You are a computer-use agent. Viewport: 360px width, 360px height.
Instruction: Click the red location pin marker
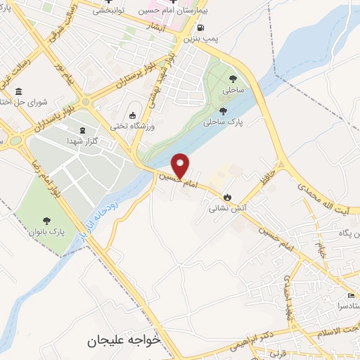coord(181,165)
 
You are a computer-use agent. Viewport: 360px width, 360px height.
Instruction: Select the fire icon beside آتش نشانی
coord(227,198)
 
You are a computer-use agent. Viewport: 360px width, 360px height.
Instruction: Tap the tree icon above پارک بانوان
coord(47,219)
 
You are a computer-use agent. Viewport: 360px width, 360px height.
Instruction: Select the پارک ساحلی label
coord(222,122)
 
